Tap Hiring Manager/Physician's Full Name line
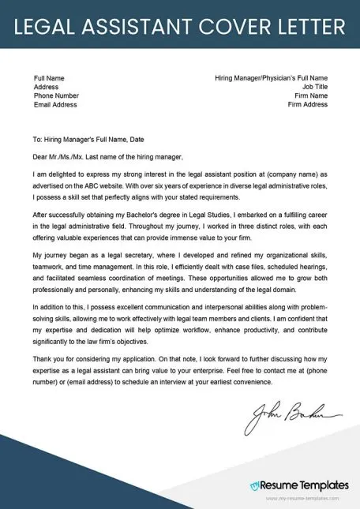coord(271,78)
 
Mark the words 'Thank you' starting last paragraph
coord(50,357)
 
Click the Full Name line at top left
coord(49,78)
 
